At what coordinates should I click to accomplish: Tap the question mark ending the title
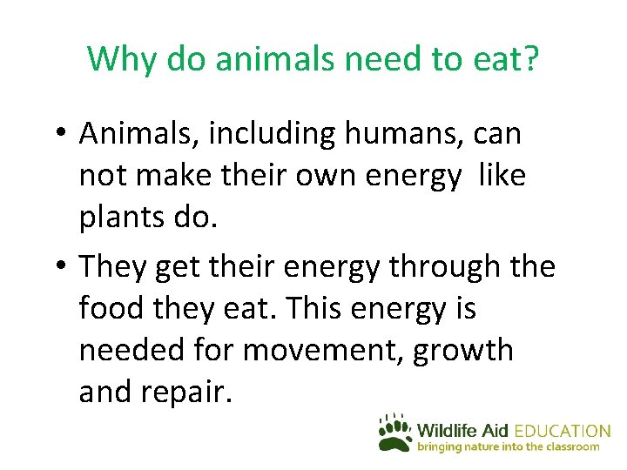coord(530,59)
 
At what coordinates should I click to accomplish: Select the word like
coord(504,176)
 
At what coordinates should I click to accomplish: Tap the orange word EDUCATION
coord(563,431)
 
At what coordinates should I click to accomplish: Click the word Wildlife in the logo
coord(449,431)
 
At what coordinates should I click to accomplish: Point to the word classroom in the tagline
coord(572,446)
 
